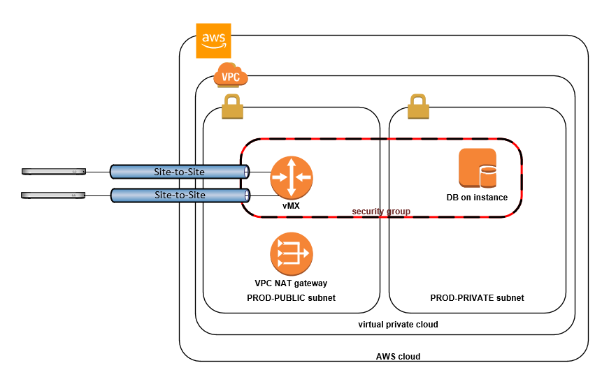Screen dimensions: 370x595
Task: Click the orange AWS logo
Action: coord(214,40)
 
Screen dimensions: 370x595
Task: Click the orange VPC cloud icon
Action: coord(231,75)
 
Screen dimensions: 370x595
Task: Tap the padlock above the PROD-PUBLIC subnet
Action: coord(231,108)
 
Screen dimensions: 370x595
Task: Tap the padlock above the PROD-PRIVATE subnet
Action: coord(418,108)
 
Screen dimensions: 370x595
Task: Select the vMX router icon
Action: coord(292,177)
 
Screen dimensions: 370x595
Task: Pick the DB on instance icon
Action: coord(477,168)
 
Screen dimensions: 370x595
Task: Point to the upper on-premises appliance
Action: coord(53,171)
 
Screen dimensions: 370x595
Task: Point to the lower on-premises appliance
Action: coord(53,196)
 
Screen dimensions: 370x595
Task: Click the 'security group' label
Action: coord(380,211)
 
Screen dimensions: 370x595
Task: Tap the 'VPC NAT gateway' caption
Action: coord(291,283)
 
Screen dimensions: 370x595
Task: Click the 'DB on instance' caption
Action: coord(477,198)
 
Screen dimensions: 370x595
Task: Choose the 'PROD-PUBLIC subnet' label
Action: coord(291,298)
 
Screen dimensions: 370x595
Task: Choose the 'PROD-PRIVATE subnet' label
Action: coord(477,298)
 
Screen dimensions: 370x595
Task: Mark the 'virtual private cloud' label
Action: coord(398,325)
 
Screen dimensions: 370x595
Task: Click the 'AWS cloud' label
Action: coord(398,356)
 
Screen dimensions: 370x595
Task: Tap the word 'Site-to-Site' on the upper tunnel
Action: coord(180,171)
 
